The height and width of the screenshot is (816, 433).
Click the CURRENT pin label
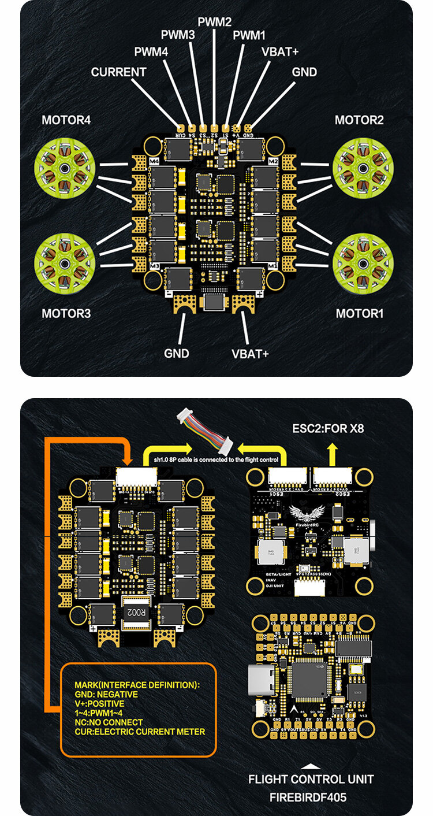118,72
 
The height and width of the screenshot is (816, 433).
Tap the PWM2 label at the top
214,23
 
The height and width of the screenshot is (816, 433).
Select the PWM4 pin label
151,52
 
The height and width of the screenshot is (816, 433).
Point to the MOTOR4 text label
66,120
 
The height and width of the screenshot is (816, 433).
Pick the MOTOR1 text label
360,314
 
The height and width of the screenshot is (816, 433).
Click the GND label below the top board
176,353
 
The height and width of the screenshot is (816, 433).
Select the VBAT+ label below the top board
250,353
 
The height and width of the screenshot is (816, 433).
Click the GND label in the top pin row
304,72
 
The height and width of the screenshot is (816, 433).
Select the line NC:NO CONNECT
109,722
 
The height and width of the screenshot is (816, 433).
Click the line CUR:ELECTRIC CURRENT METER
140,732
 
